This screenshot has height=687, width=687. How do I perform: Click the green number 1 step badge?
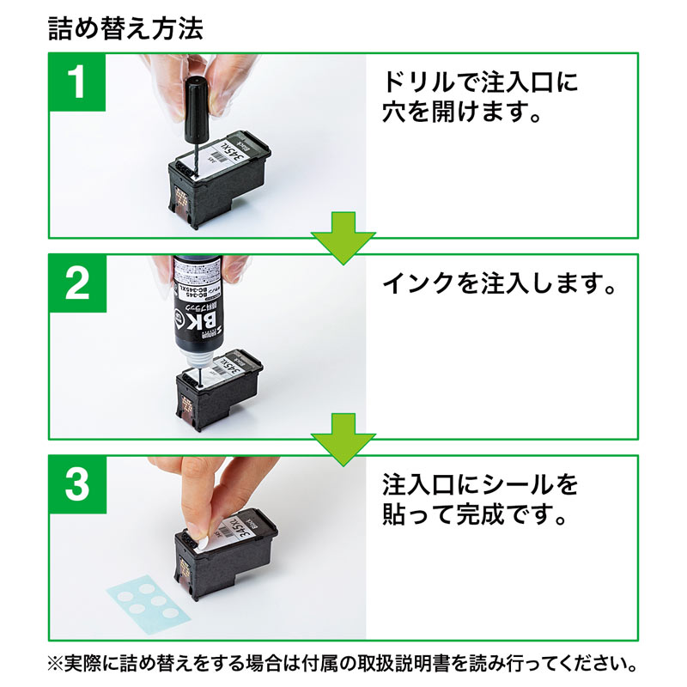tap(78, 86)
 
